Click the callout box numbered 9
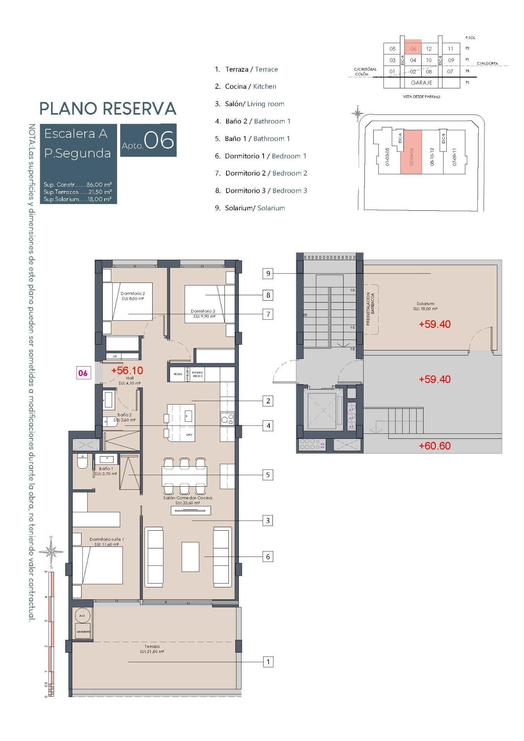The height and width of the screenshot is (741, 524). coord(268,274)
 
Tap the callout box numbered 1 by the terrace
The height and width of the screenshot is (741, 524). coord(268,662)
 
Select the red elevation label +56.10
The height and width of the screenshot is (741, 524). coord(127,370)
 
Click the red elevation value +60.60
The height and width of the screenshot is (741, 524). coord(435,446)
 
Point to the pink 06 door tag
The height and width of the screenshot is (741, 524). coord(83,373)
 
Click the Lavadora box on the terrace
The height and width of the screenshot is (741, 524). coord(83,631)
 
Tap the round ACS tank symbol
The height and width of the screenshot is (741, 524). coord(82,616)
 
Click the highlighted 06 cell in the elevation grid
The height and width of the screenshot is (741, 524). coord(413,49)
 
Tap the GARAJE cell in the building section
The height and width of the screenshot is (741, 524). coord(421,83)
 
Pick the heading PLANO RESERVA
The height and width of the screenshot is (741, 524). coord(108,109)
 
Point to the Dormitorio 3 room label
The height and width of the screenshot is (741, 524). coord(203,311)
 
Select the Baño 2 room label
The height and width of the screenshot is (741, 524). coord(125,415)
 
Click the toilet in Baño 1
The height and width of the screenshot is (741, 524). coord(83,461)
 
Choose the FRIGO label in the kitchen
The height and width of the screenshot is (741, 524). coord(178,374)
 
